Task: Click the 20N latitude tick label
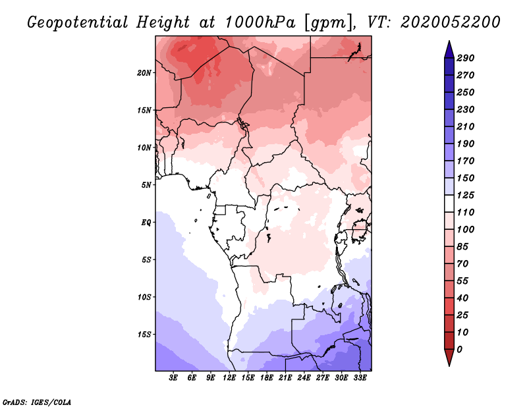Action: tap(144, 72)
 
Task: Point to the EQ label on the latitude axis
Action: tap(146, 223)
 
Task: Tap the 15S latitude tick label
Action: tap(144, 335)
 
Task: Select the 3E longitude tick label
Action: tap(173, 378)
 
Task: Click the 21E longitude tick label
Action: tap(285, 378)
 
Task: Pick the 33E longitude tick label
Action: tap(360, 378)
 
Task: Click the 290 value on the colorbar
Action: tap(466, 58)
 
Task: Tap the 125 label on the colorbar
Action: tap(466, 195)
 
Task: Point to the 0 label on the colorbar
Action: tap(459, 350)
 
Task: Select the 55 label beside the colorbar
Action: tap(462, 281)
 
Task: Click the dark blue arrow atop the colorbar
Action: tap(449, 49)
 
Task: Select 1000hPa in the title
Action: tap(260, 22)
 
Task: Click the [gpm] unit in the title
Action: tap(328, 23)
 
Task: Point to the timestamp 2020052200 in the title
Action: tap(451, 22)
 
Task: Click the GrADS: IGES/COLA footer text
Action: tap(37, 402)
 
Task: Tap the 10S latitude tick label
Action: tap(144, 297)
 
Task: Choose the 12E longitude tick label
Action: tap(229, 378)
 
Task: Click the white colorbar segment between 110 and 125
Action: tap(449, 203)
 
